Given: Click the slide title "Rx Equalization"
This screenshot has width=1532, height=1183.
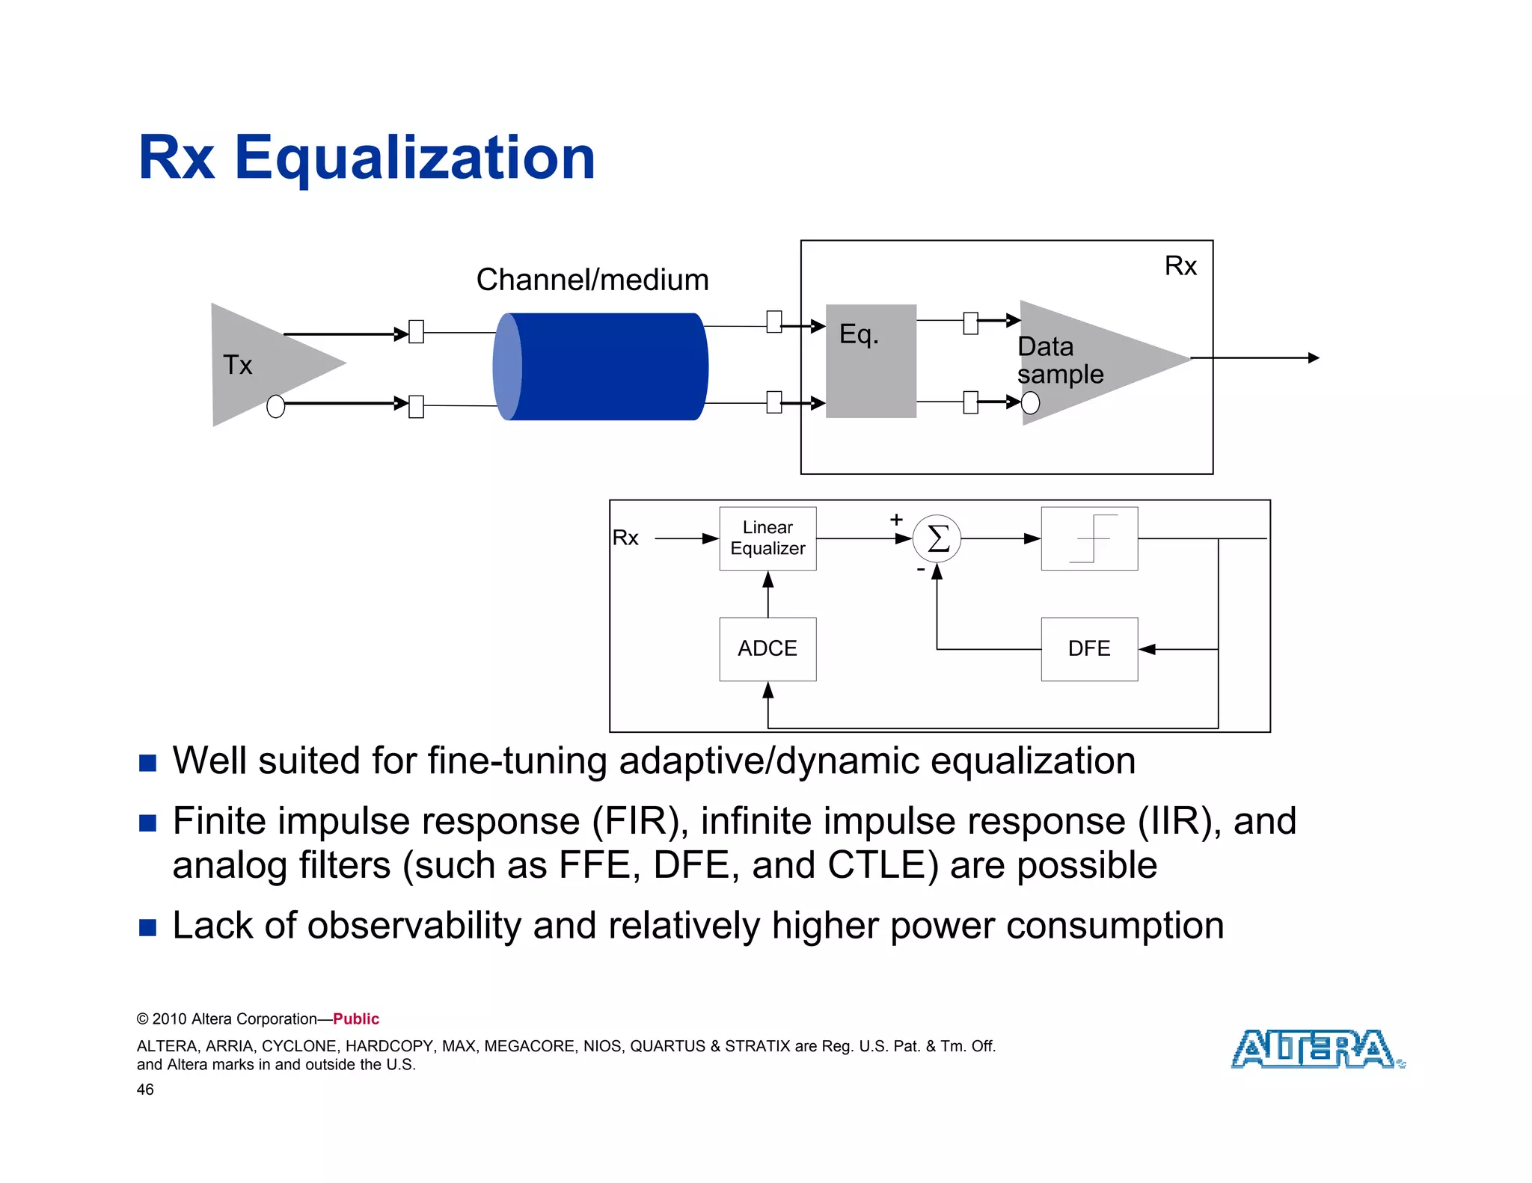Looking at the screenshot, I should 367,158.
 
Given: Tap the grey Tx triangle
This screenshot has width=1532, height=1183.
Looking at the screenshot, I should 262,364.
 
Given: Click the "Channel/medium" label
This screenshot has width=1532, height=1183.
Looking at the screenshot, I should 592,280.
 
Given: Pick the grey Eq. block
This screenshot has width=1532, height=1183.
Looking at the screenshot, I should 871,361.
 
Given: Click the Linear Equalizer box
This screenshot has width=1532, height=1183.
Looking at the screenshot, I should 767,538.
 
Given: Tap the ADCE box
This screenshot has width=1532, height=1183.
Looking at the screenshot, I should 767,648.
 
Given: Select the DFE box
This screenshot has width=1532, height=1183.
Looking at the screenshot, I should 1089,648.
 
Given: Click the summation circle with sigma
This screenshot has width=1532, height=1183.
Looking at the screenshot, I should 937,538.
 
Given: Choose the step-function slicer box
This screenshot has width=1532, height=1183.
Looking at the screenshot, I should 1089,538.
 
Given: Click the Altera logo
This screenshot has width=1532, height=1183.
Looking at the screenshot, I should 1317,1048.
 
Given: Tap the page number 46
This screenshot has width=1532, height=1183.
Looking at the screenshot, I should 145,1090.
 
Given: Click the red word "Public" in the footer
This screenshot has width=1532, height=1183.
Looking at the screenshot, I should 356,1018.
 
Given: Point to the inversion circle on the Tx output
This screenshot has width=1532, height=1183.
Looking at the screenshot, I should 275,406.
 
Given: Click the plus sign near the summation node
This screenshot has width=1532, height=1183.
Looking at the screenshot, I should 896,519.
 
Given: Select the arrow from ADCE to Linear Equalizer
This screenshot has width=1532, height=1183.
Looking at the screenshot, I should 767,594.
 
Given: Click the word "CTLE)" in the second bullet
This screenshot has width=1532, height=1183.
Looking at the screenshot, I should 883,865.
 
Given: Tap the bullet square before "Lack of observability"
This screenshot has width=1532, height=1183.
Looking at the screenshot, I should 148,927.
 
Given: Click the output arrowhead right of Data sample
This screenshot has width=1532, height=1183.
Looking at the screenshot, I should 1313,358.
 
